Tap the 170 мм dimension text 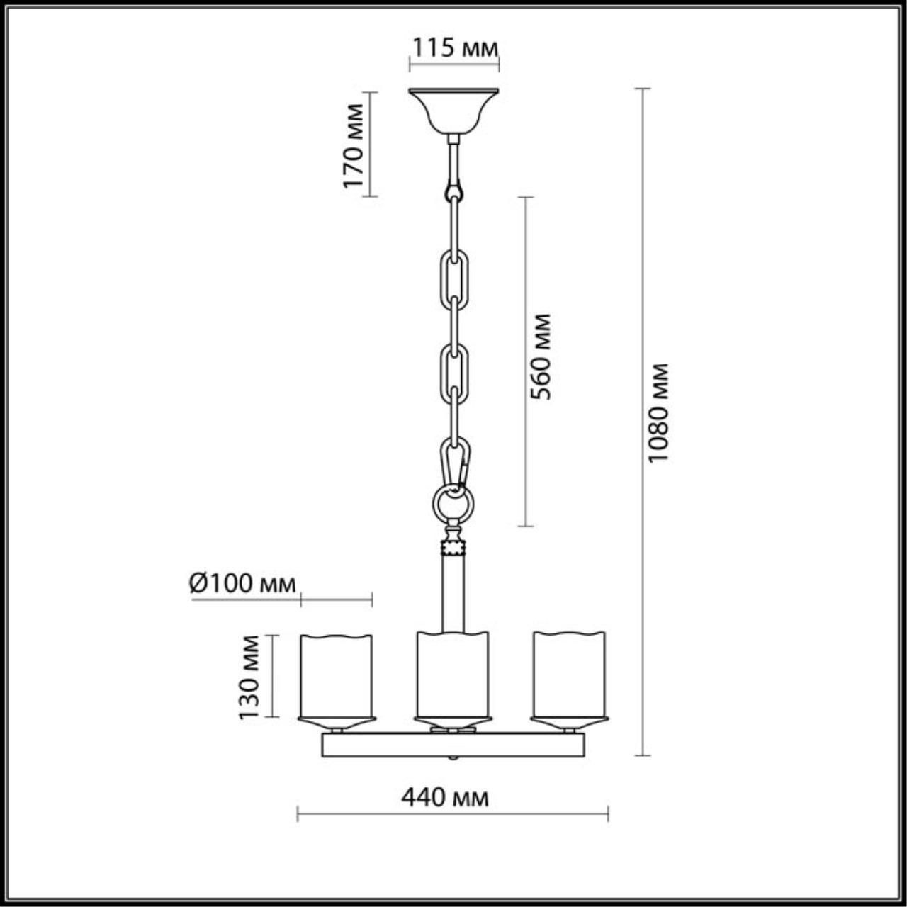tap(354, 145)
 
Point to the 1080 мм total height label tap(659, 412)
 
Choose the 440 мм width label tap(445, 797)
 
